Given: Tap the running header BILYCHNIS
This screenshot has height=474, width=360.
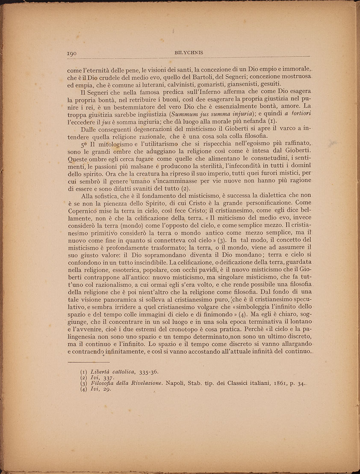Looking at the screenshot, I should point(189,53).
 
